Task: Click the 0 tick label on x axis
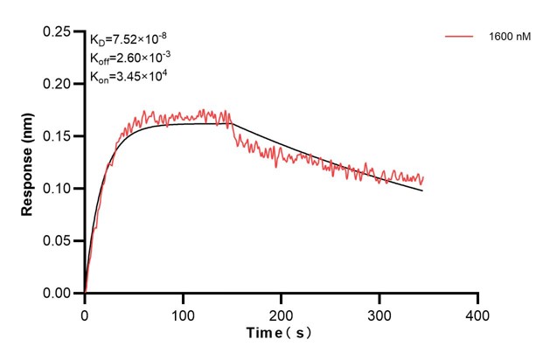[x=85, y=313]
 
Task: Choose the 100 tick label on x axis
[x=183, y=313]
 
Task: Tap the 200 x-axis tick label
[x=282, y=313]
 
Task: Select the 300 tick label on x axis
[x=379, y=313]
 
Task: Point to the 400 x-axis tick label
[x=477, y=313]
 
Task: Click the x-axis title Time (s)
[x=278, y=334]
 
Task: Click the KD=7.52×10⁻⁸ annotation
[x=129, y=40]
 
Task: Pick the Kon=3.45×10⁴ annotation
[x=129, y=77]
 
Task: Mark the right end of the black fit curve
[x=423, y=190]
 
